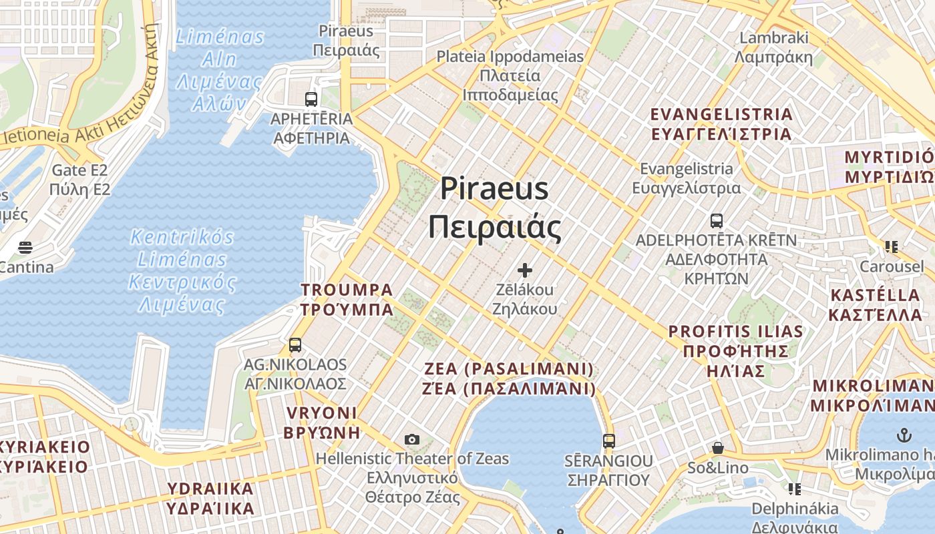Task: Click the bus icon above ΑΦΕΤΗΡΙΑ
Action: pyautogui.click(x=311, y=99)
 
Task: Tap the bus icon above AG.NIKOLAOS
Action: pyautogui.click(x=295, y=345)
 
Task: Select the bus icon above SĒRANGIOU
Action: pyautogui.click(x=608, y=441)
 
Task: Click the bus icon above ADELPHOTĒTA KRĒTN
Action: pyautogui.click(x=717, y=220)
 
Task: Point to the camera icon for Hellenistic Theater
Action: pyautogui.click(x=412, y=439)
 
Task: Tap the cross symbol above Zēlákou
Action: pyautogui.click(x=525, y=270)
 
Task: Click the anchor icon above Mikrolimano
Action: pyautogui.click(x=904, y=436)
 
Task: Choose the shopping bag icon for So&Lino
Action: pyautogui.click(x=718, y=448)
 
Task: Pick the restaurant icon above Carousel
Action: pyautogui.click(x=891, y=247)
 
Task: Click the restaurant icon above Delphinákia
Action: pyautogui.click(x=794, y=489)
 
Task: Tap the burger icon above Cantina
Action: pyautogui.click(x=25, y=248)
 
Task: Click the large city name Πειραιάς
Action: pyautogui.click(x=494, y=227)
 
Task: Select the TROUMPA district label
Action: pyautogui.click(x=347, y=290)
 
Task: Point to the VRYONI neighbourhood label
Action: pyautogui.click(x=321, y=413)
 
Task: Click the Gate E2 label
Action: pyautogui.click(x=79, y=170)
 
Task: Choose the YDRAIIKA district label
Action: pyautogui.click(x=210, y=489)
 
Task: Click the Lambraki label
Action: pyautogui.click(x=774, y=37)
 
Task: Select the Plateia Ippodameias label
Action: pyautogui.click(x=510, y=57)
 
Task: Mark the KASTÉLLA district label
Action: pyautogui.click(x=875, y=295)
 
